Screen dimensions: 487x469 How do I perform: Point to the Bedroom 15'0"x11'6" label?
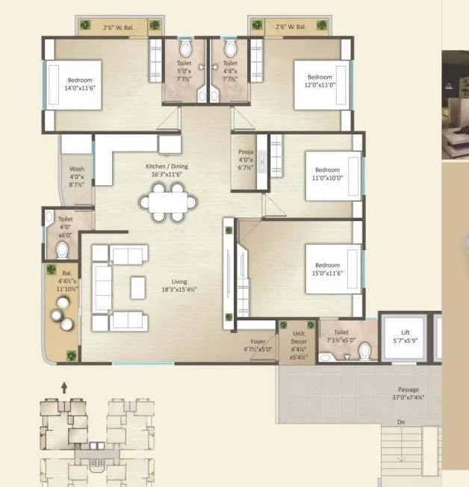[x=329, y=270]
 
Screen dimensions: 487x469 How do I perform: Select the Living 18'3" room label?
[x=179, y=285]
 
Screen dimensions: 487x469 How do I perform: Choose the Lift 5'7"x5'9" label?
[x=405, y=341]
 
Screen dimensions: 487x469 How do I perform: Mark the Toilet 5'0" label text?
[x=184, y=69]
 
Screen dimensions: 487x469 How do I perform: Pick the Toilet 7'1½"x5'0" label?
[x=341, y=337]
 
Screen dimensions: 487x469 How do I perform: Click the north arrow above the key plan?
[x=64, y=387]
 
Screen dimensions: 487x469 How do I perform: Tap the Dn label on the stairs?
[x=401, y=422]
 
